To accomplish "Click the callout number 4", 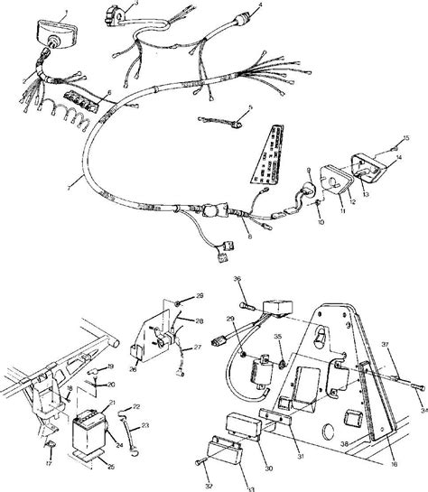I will pos(260,5).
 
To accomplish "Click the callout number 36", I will pos(237,279).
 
